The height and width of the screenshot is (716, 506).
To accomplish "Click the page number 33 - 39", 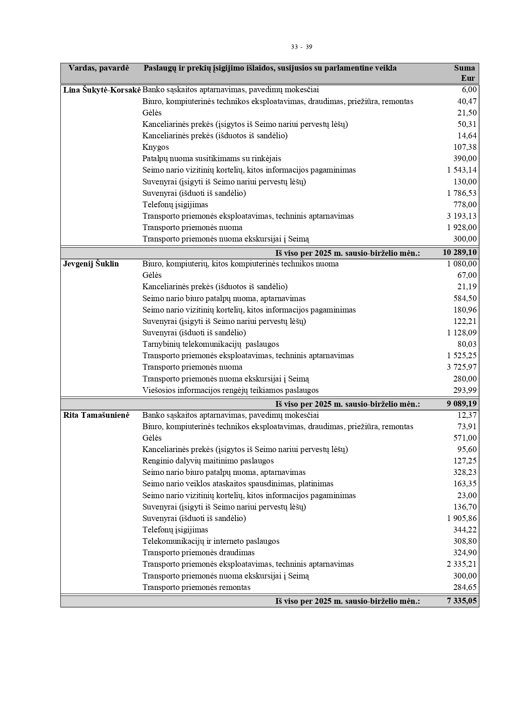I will pyautogui.click(x=302, y=47).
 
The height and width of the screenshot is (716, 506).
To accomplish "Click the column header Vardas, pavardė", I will pyautogui.click(x=98, y=68).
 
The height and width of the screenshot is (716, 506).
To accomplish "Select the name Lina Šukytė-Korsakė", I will pyautogui.click(x=102, y=90).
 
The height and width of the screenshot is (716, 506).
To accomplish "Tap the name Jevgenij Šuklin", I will pyautogui.click(x=91, y=264).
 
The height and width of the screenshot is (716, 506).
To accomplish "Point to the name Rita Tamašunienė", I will pyautogui.click(x=96, y=415).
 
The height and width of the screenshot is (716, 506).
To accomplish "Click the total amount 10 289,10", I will pyautogui.click(x=459, y=253).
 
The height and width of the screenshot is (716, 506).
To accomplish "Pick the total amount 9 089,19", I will pyautogui.click(x=462, y=404).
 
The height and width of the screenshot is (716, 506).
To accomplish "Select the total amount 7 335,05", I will pyautogui.click(x=462, y=601).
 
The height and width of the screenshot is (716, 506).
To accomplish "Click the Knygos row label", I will pyautogui.click(x=155, y=147).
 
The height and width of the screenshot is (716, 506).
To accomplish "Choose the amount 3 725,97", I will pyautogui.click(x=462, y=367).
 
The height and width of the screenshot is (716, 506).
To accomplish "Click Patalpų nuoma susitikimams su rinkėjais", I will pyautogui.click(x=211, y=159).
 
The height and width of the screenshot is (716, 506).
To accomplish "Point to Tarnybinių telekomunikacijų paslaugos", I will pyautogui.click(x=211, y=344).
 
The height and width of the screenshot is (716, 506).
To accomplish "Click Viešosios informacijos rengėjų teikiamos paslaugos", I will pyautogui.click(x=230, y=390).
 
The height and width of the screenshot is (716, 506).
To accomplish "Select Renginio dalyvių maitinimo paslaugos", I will pyautogui.click(x=208, y=461).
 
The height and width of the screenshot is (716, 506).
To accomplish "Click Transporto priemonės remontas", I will pyautogui.click(x=196, y=587).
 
